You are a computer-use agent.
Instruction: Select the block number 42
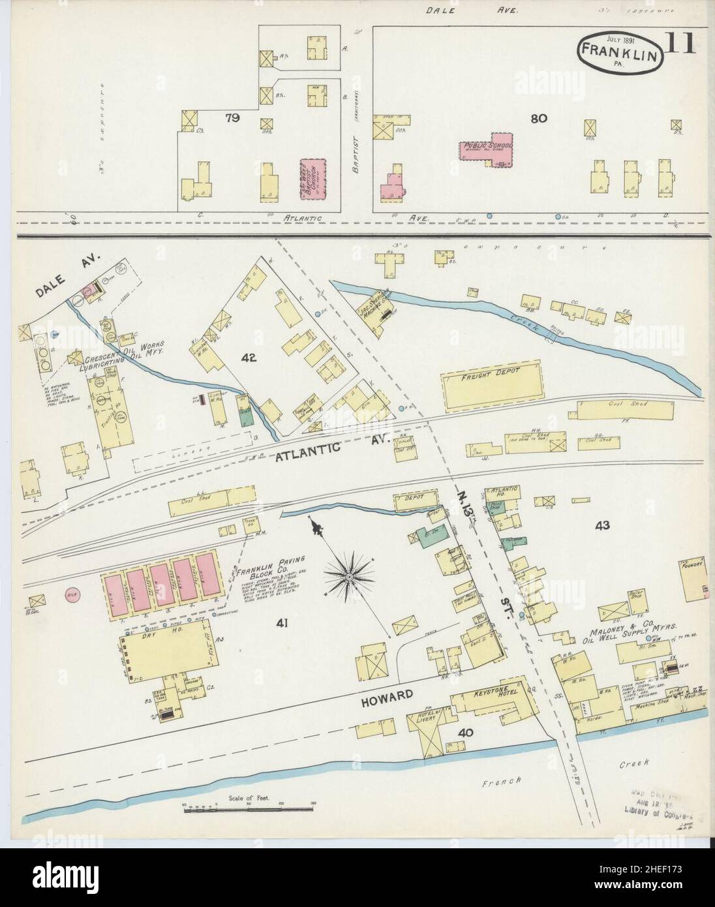249,357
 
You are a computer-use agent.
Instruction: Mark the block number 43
601,525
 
